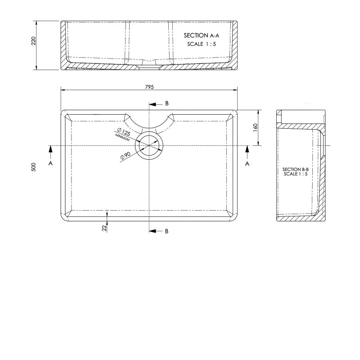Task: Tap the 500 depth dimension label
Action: [33, 166]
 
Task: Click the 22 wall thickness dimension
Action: [104, 228]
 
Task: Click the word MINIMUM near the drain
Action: [122, 138]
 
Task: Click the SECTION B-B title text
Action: [295, 169]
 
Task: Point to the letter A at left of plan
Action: [50, 164]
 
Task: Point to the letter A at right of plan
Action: [247, 164]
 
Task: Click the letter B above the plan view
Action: [166, 103]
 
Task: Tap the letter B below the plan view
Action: [166, 231]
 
